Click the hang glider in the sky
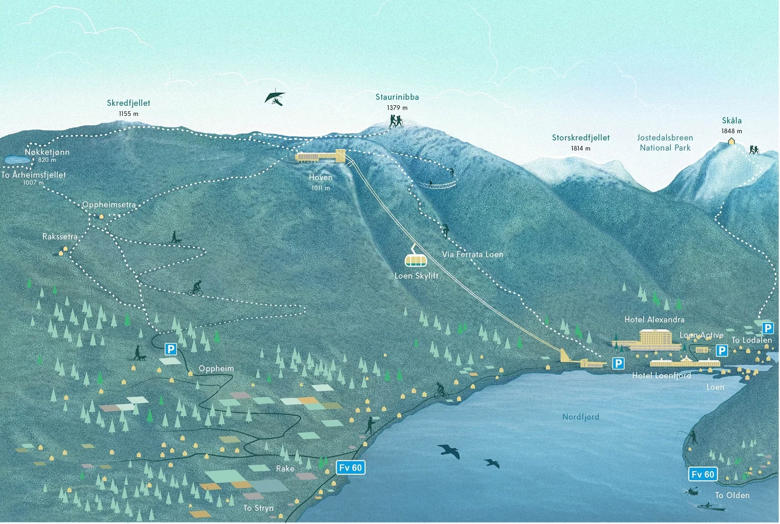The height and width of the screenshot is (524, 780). pos(275,97)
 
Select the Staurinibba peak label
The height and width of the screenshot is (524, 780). pos(397,97)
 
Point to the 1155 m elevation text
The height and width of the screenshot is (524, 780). pos(129,114)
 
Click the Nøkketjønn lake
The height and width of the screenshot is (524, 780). pos(16,159)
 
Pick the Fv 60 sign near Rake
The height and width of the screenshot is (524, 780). pos(351,468)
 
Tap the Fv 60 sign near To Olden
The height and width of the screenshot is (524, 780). pos(702,474)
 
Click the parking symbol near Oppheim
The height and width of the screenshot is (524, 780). pos(171,349)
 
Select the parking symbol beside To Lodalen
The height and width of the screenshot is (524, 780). pos(767,328)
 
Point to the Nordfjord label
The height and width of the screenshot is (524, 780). pos(580,417)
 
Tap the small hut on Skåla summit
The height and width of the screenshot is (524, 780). pos(731,140)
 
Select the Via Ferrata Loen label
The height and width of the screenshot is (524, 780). pos(472,254)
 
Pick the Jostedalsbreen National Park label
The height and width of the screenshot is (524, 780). pos(665,143)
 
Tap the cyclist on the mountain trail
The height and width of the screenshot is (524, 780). pos(196,288)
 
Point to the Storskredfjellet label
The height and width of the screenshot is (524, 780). pos(581,138)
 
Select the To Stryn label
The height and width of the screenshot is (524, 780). pos(258,508)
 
